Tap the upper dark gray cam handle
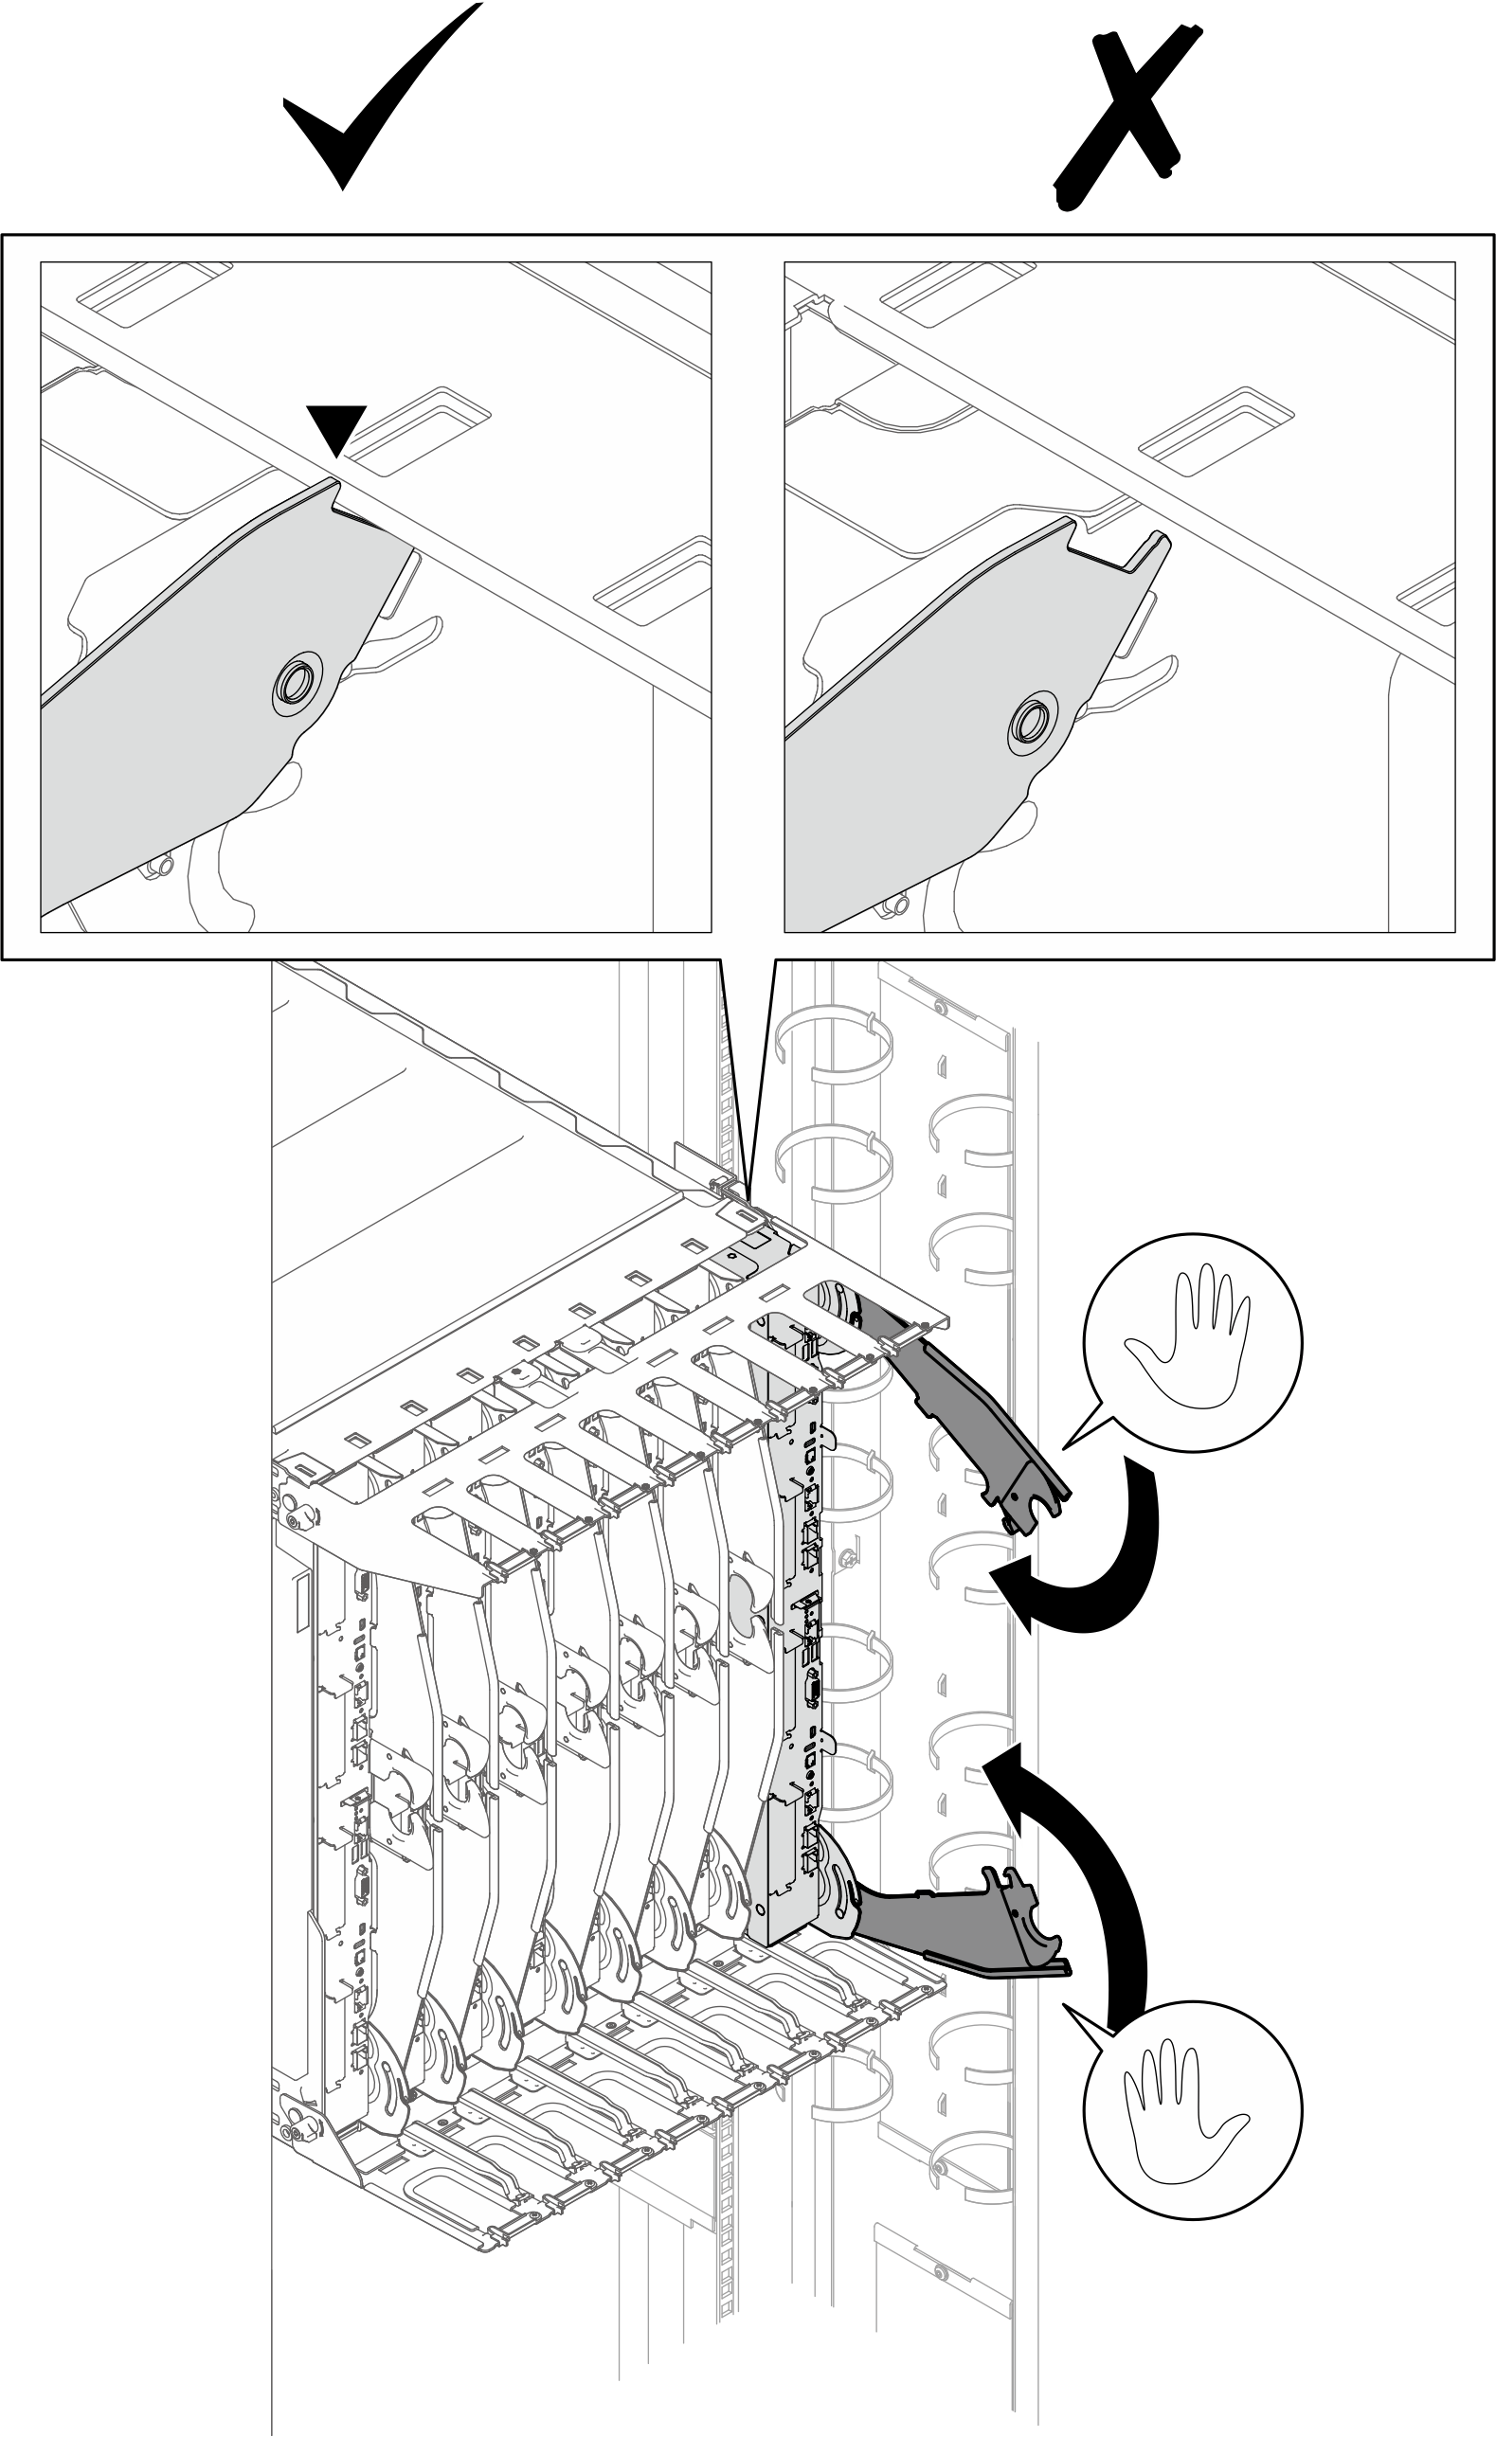coord(980,1425)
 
